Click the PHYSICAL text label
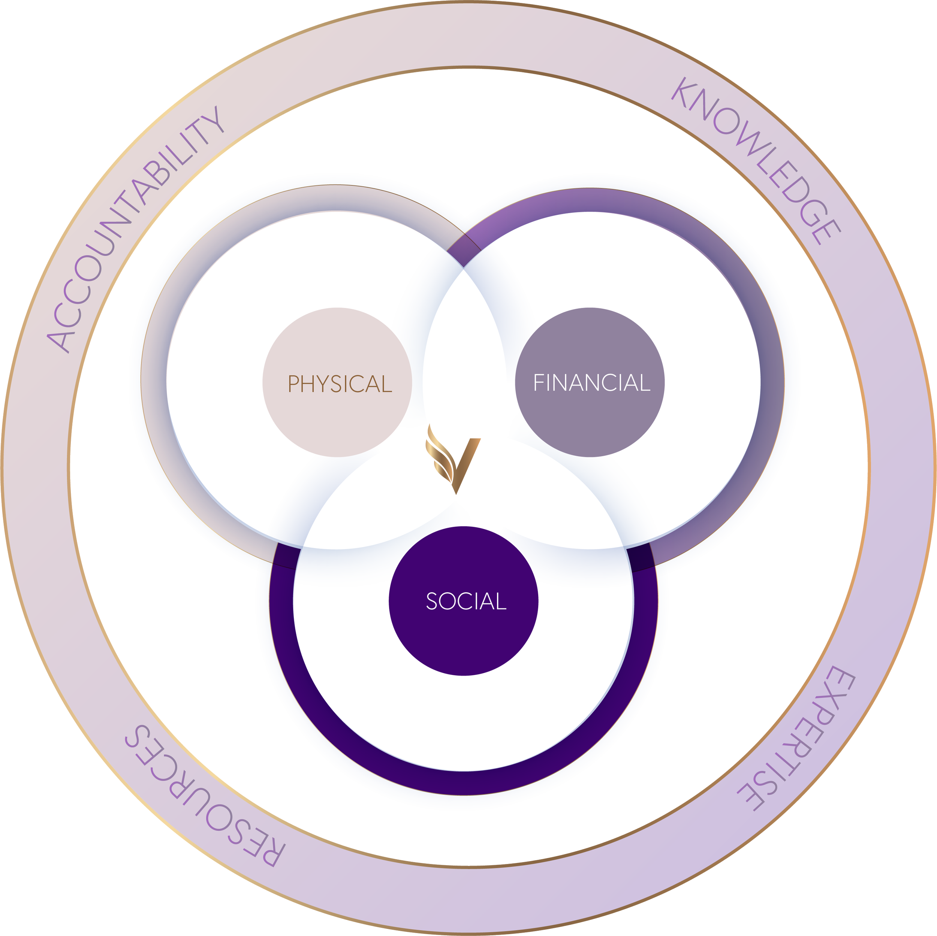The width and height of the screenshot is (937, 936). [340, 384]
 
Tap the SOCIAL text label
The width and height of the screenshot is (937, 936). [466, 602]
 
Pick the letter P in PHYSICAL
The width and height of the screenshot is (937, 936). [294, 384]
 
